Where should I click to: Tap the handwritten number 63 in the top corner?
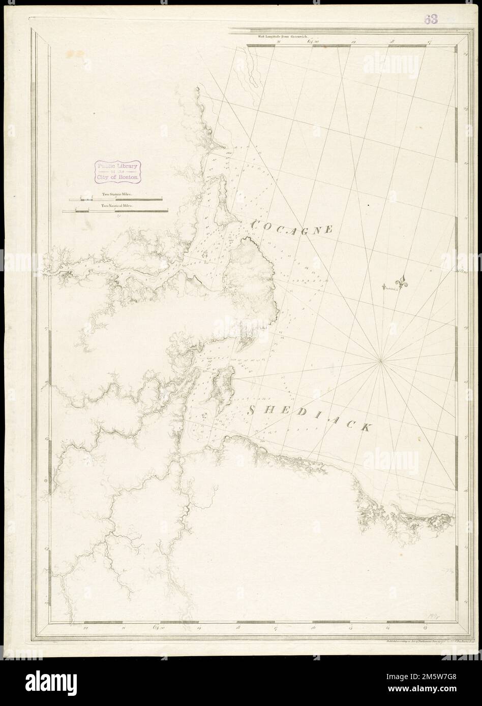pos(432,19)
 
